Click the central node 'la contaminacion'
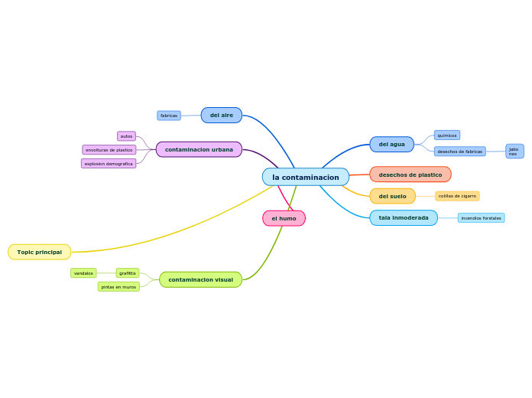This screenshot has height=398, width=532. tap(305, 177)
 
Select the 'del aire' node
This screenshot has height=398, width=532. tap(222, 115)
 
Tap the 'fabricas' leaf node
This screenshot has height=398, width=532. tap(169, 116)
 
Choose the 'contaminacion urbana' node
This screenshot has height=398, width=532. tap(199, 149)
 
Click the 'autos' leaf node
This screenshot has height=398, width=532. tap(126, 136)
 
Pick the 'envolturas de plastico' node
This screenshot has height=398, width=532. tap(109, 150)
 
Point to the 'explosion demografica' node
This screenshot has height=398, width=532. tap(109, 164)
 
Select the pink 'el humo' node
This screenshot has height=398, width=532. tap(284, 218)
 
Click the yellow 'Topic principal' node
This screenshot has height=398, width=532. tap(40, 252)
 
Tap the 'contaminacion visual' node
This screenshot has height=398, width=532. tap(200, 279)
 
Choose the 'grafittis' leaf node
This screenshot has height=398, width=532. tap(128, 273)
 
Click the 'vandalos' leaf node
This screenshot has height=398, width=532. tap(83, 273)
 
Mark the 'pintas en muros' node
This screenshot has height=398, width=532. tap(118, 287)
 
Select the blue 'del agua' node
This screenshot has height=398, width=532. tap(391, 144)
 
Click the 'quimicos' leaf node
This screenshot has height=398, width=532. tap(447, 135)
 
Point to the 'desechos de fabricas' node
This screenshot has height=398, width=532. tap(459, 152)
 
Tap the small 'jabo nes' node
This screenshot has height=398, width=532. tap(514, 152)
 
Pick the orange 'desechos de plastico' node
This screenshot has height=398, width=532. tap(410, 175)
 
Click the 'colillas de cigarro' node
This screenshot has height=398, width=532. tap(457, 196)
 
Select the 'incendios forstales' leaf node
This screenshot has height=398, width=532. tap(481, 218)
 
